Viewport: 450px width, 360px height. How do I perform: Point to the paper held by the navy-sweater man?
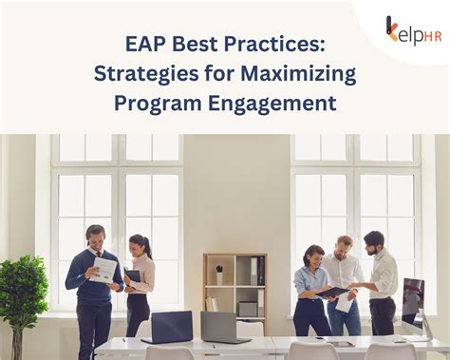(103, 271)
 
